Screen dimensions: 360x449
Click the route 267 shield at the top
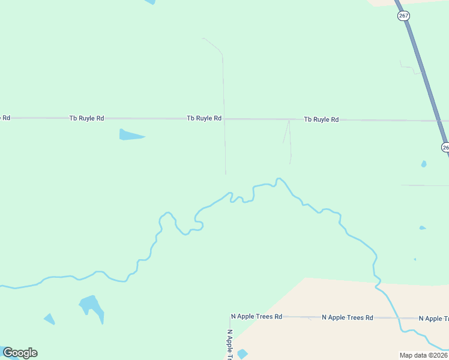403,16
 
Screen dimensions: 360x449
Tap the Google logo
20,353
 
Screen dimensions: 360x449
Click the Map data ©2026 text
424,355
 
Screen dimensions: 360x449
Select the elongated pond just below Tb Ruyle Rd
130,135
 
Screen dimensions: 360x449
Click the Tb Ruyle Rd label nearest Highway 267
321,119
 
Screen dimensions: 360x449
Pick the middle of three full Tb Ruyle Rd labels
204,118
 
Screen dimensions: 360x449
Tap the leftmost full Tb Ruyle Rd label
86,118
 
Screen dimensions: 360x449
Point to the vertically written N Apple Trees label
229,344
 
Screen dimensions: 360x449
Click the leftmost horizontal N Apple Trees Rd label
256,316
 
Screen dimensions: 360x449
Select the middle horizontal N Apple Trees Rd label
348,317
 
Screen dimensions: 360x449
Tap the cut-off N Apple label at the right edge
433,319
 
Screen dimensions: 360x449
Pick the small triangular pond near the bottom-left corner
49,319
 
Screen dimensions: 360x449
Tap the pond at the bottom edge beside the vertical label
242,354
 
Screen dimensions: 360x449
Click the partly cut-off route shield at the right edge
445,147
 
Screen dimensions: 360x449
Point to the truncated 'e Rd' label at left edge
5,118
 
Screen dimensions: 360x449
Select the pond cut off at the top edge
149,2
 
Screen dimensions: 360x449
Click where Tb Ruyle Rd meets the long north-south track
224,119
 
